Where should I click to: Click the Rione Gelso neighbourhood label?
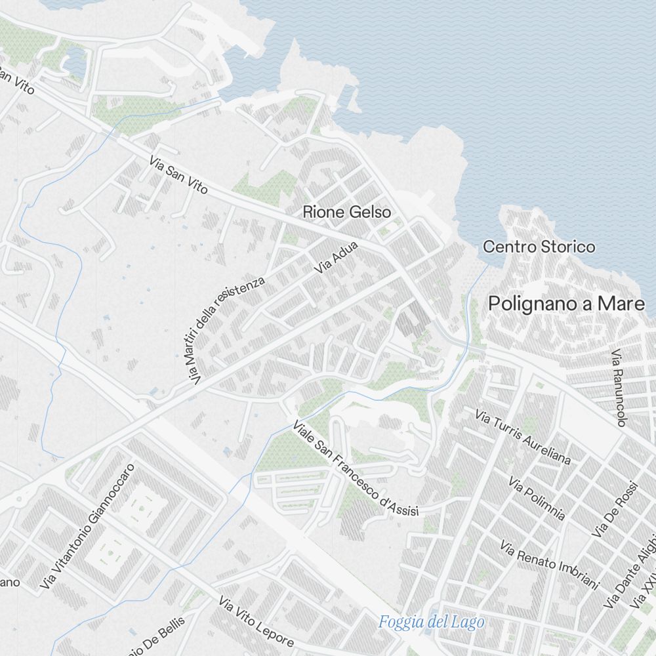[x=346, y=212]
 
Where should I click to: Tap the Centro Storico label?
[x=539, y=247]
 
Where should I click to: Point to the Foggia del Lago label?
[x=432, y=622]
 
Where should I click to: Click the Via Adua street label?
[x=336, y=257]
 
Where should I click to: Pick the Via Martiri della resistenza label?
[x=230, y=329]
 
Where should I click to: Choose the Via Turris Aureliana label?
[x=523, y=436]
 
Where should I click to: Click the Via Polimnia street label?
[x=537, y=499]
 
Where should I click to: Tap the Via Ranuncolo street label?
[x=619, y=388]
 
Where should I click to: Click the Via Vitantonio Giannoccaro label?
[x=87, y=525]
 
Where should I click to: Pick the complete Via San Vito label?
[x=178, y=174]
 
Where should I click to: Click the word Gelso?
[x=370, y=212]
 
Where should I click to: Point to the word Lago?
[x=468, y=622]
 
